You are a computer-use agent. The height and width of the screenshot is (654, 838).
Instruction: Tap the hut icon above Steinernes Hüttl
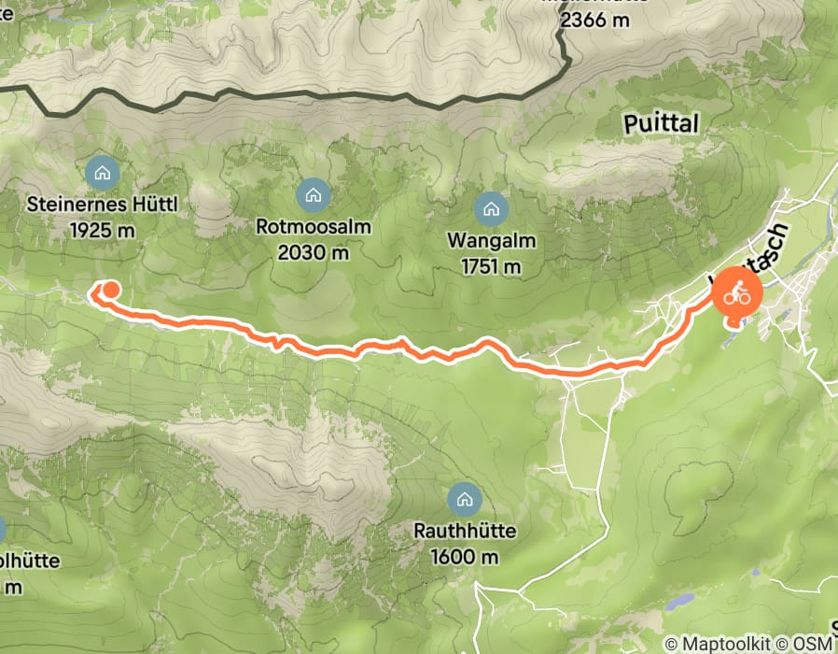tap(101, 172)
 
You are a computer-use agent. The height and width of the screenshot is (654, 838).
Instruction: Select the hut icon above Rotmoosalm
tap(313, 194)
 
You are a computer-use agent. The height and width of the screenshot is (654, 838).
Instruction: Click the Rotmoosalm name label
tap(314, 227)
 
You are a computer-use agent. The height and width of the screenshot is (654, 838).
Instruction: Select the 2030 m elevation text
tap(314, 252)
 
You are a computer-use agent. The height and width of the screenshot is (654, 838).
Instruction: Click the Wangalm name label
tap(492, 241)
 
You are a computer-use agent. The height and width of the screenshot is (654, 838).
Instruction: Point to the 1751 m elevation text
tap(492, 266)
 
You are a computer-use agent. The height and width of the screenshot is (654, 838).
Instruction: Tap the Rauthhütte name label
tap(465, 533)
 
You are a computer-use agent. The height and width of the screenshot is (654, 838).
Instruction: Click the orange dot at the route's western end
tap(110, 289)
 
